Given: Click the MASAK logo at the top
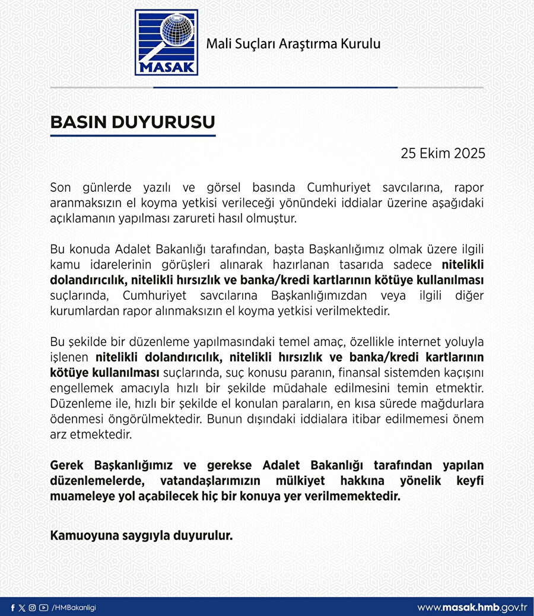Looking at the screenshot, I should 166,42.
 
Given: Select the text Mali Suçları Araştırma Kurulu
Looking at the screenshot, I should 293,43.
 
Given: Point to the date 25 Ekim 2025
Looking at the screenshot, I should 443,153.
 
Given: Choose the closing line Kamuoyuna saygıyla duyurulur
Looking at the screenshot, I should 141,535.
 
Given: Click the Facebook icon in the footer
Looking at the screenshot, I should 12,608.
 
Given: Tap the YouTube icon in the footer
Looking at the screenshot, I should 43,608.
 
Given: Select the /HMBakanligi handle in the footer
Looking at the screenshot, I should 74,608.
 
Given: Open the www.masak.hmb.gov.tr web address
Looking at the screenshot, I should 472,608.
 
